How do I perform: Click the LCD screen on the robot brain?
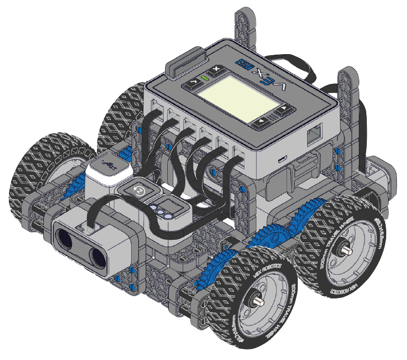pos(236,96)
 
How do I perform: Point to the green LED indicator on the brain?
pos(204,78)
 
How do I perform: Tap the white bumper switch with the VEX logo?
pos(107,170)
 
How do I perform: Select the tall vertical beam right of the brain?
pos(346,99)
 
